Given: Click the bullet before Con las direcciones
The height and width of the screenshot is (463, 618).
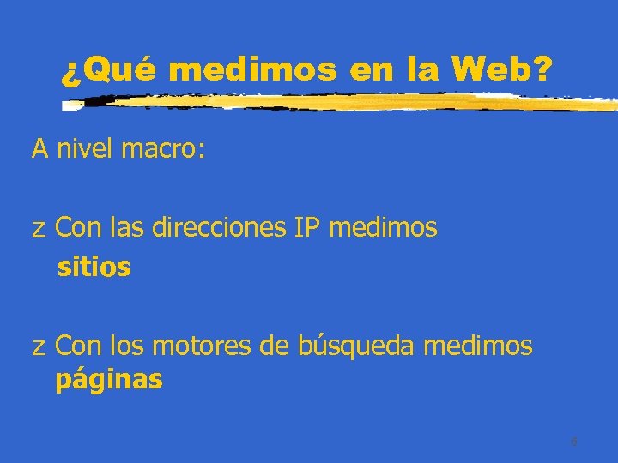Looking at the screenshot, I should (39, 230).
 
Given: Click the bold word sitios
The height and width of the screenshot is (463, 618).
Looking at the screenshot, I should (94, 268).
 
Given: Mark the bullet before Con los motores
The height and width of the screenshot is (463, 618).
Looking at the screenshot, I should (39, 348).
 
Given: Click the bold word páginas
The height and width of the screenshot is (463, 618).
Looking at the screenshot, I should (108, 380).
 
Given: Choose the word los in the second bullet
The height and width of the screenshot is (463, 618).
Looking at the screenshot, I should (126, 346).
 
